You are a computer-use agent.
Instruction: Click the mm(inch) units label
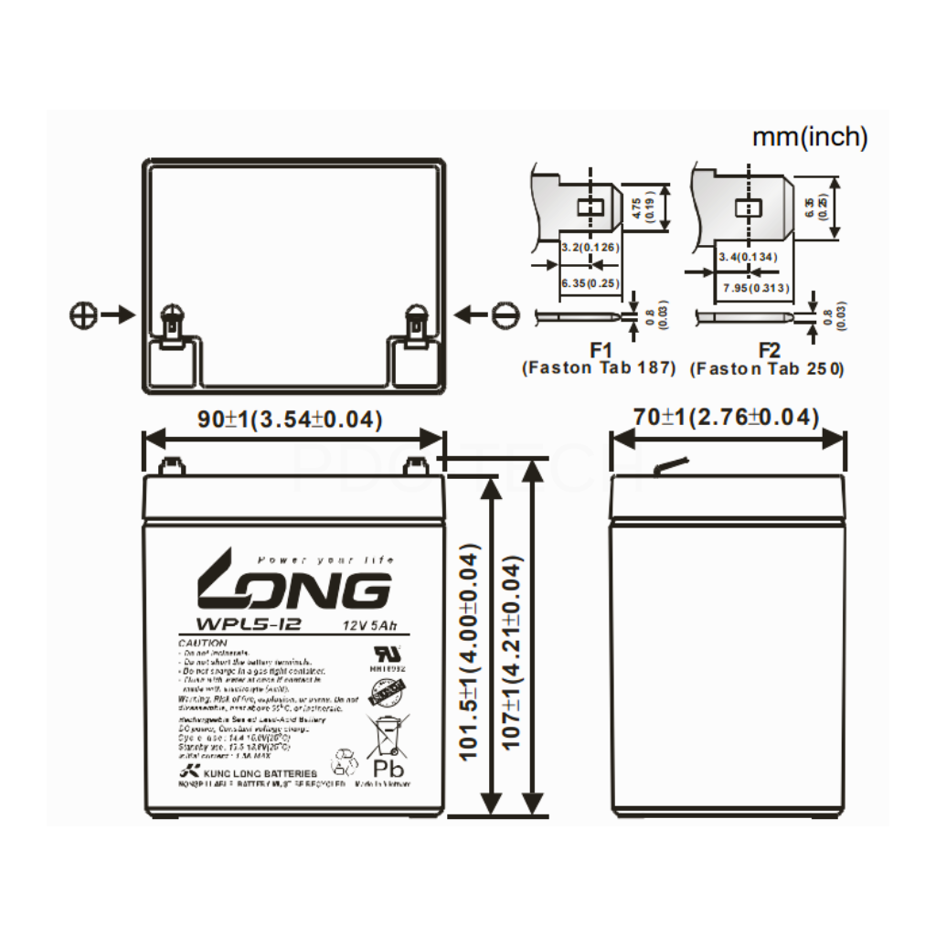coord(809,137)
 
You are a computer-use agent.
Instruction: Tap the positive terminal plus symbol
coord(82,315)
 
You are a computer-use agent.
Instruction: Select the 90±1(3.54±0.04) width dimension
coord(291,419)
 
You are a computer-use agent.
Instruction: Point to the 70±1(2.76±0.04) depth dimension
coord(727,418)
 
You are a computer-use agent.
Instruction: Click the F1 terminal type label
coord(600,351)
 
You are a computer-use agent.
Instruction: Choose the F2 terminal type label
coord(769,351)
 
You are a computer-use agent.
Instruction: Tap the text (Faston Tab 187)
coord(599,368)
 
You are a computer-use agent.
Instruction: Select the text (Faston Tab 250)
coord(768,368)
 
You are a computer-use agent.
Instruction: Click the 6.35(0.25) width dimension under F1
coord(588,283)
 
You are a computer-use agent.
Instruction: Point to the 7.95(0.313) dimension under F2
coord(755,289)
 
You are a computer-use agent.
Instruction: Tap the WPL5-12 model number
coord(230,625)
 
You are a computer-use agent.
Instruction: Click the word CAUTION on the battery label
coord(202,643)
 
